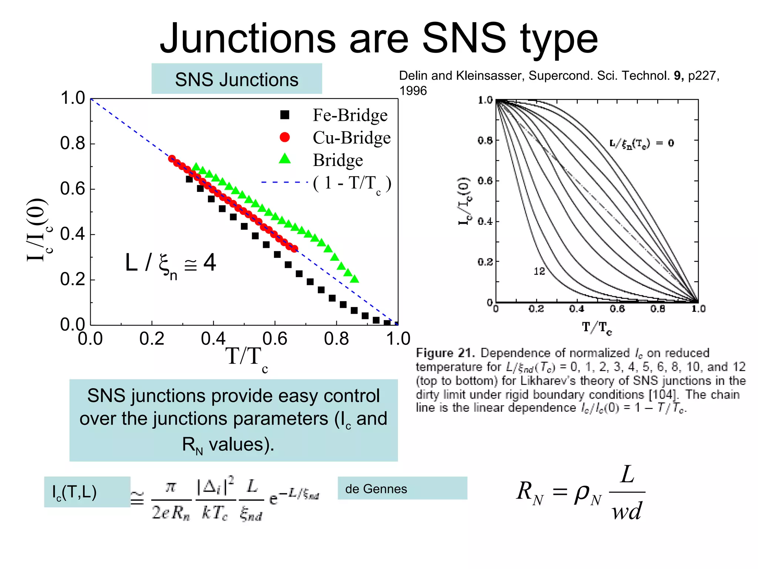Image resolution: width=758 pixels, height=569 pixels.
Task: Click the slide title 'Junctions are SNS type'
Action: point(378,39)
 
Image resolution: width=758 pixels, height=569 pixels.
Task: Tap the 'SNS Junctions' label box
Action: point(237,79)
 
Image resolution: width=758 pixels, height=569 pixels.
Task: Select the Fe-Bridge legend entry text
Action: point(350,115)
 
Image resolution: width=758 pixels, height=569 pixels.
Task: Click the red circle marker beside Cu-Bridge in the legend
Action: point(285,137)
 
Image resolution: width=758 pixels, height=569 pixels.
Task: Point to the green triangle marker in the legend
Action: point(285,159)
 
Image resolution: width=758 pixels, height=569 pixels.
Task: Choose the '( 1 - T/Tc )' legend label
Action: point(352,183)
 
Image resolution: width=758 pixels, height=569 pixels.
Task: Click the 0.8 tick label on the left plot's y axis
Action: point(73,143)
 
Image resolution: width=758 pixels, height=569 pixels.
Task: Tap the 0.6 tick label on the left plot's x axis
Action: point(275,339)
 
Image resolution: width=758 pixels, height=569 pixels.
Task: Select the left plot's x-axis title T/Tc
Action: point(246,358)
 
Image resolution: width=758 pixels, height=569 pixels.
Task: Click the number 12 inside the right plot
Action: point(539,272)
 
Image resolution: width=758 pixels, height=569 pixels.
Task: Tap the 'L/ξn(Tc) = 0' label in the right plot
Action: point(641,143)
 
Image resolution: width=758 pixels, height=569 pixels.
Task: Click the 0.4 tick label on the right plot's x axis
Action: point(576,309)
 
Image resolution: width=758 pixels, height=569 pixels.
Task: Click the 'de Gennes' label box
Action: point(402,489)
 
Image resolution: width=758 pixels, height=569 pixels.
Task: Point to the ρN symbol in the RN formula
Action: point(588,494)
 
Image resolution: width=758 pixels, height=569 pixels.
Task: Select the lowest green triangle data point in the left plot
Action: point(355,279)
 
